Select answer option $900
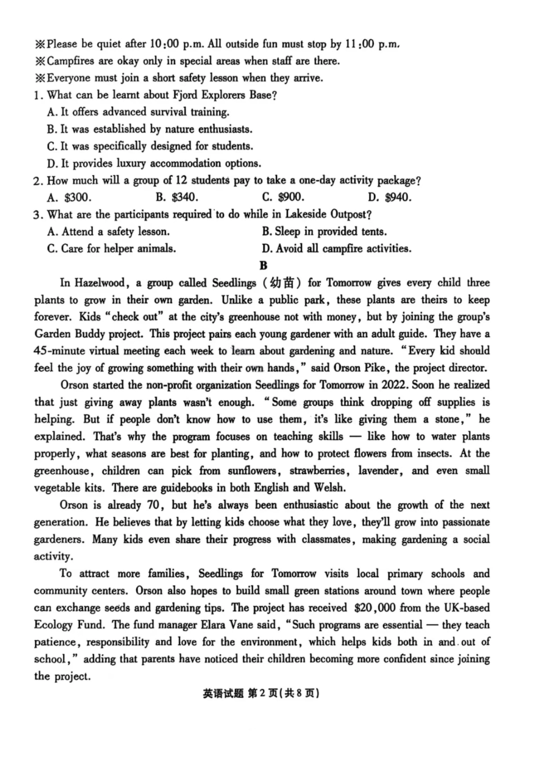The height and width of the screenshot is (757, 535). (x=291, y=198)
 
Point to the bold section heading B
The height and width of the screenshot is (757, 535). (x=263, y=265)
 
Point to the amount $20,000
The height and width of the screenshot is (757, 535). (x=375, y=608)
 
